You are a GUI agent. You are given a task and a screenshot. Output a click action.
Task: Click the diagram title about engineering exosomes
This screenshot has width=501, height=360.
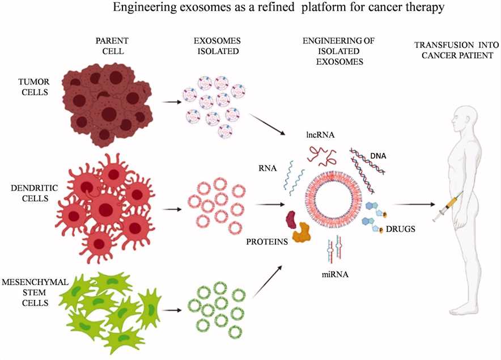click(x=250, y=9)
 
